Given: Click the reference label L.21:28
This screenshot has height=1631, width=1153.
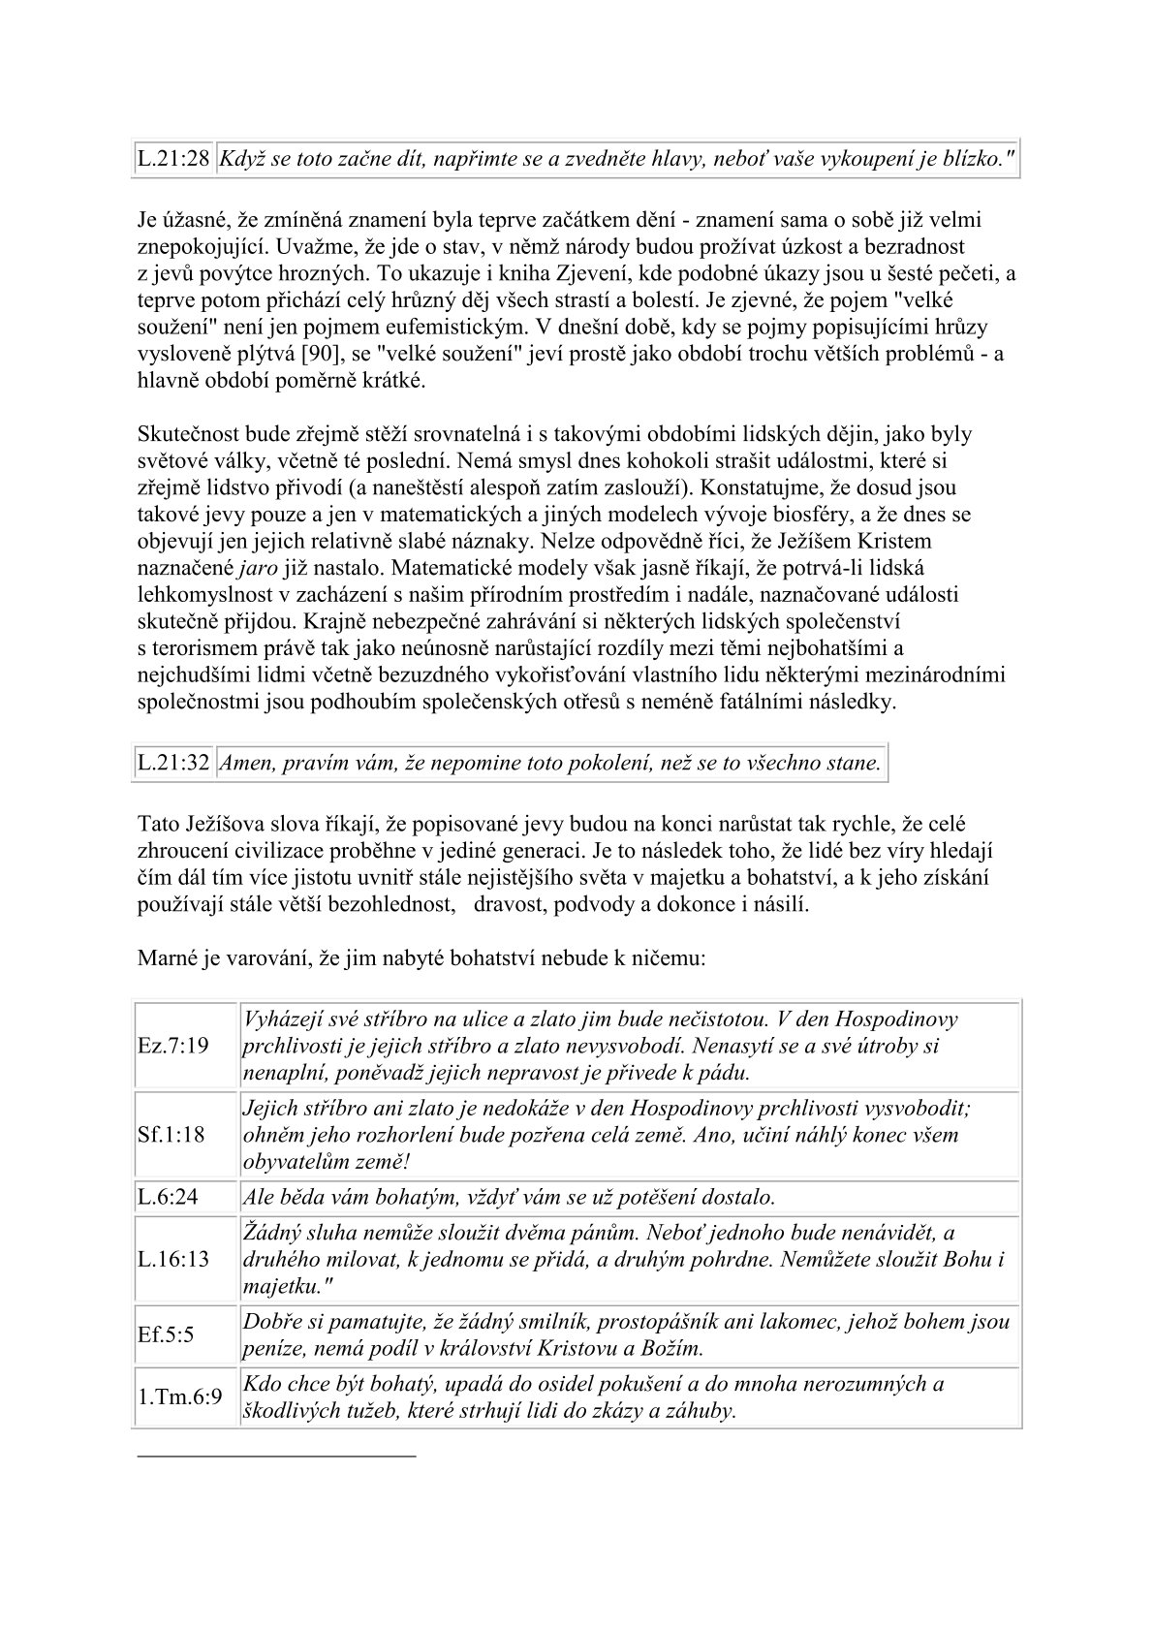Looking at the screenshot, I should [173, 161].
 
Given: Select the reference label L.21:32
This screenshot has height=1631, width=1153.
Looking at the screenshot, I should [173, 763].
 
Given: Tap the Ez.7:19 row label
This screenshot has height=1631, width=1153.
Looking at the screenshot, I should [173, 1047].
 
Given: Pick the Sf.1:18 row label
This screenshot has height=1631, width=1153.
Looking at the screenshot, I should [171, 1135].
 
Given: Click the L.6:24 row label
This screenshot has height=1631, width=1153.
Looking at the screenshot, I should [168, 1197].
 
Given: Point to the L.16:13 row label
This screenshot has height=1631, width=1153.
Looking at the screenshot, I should [173, 1260].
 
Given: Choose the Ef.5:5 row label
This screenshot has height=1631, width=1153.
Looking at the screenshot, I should [166, 1334].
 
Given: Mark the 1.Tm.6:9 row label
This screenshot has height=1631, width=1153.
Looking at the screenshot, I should [180, 1397].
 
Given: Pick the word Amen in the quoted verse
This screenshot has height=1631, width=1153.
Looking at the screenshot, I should [245, 763].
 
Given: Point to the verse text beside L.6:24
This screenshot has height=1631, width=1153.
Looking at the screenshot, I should [509, 1197].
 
